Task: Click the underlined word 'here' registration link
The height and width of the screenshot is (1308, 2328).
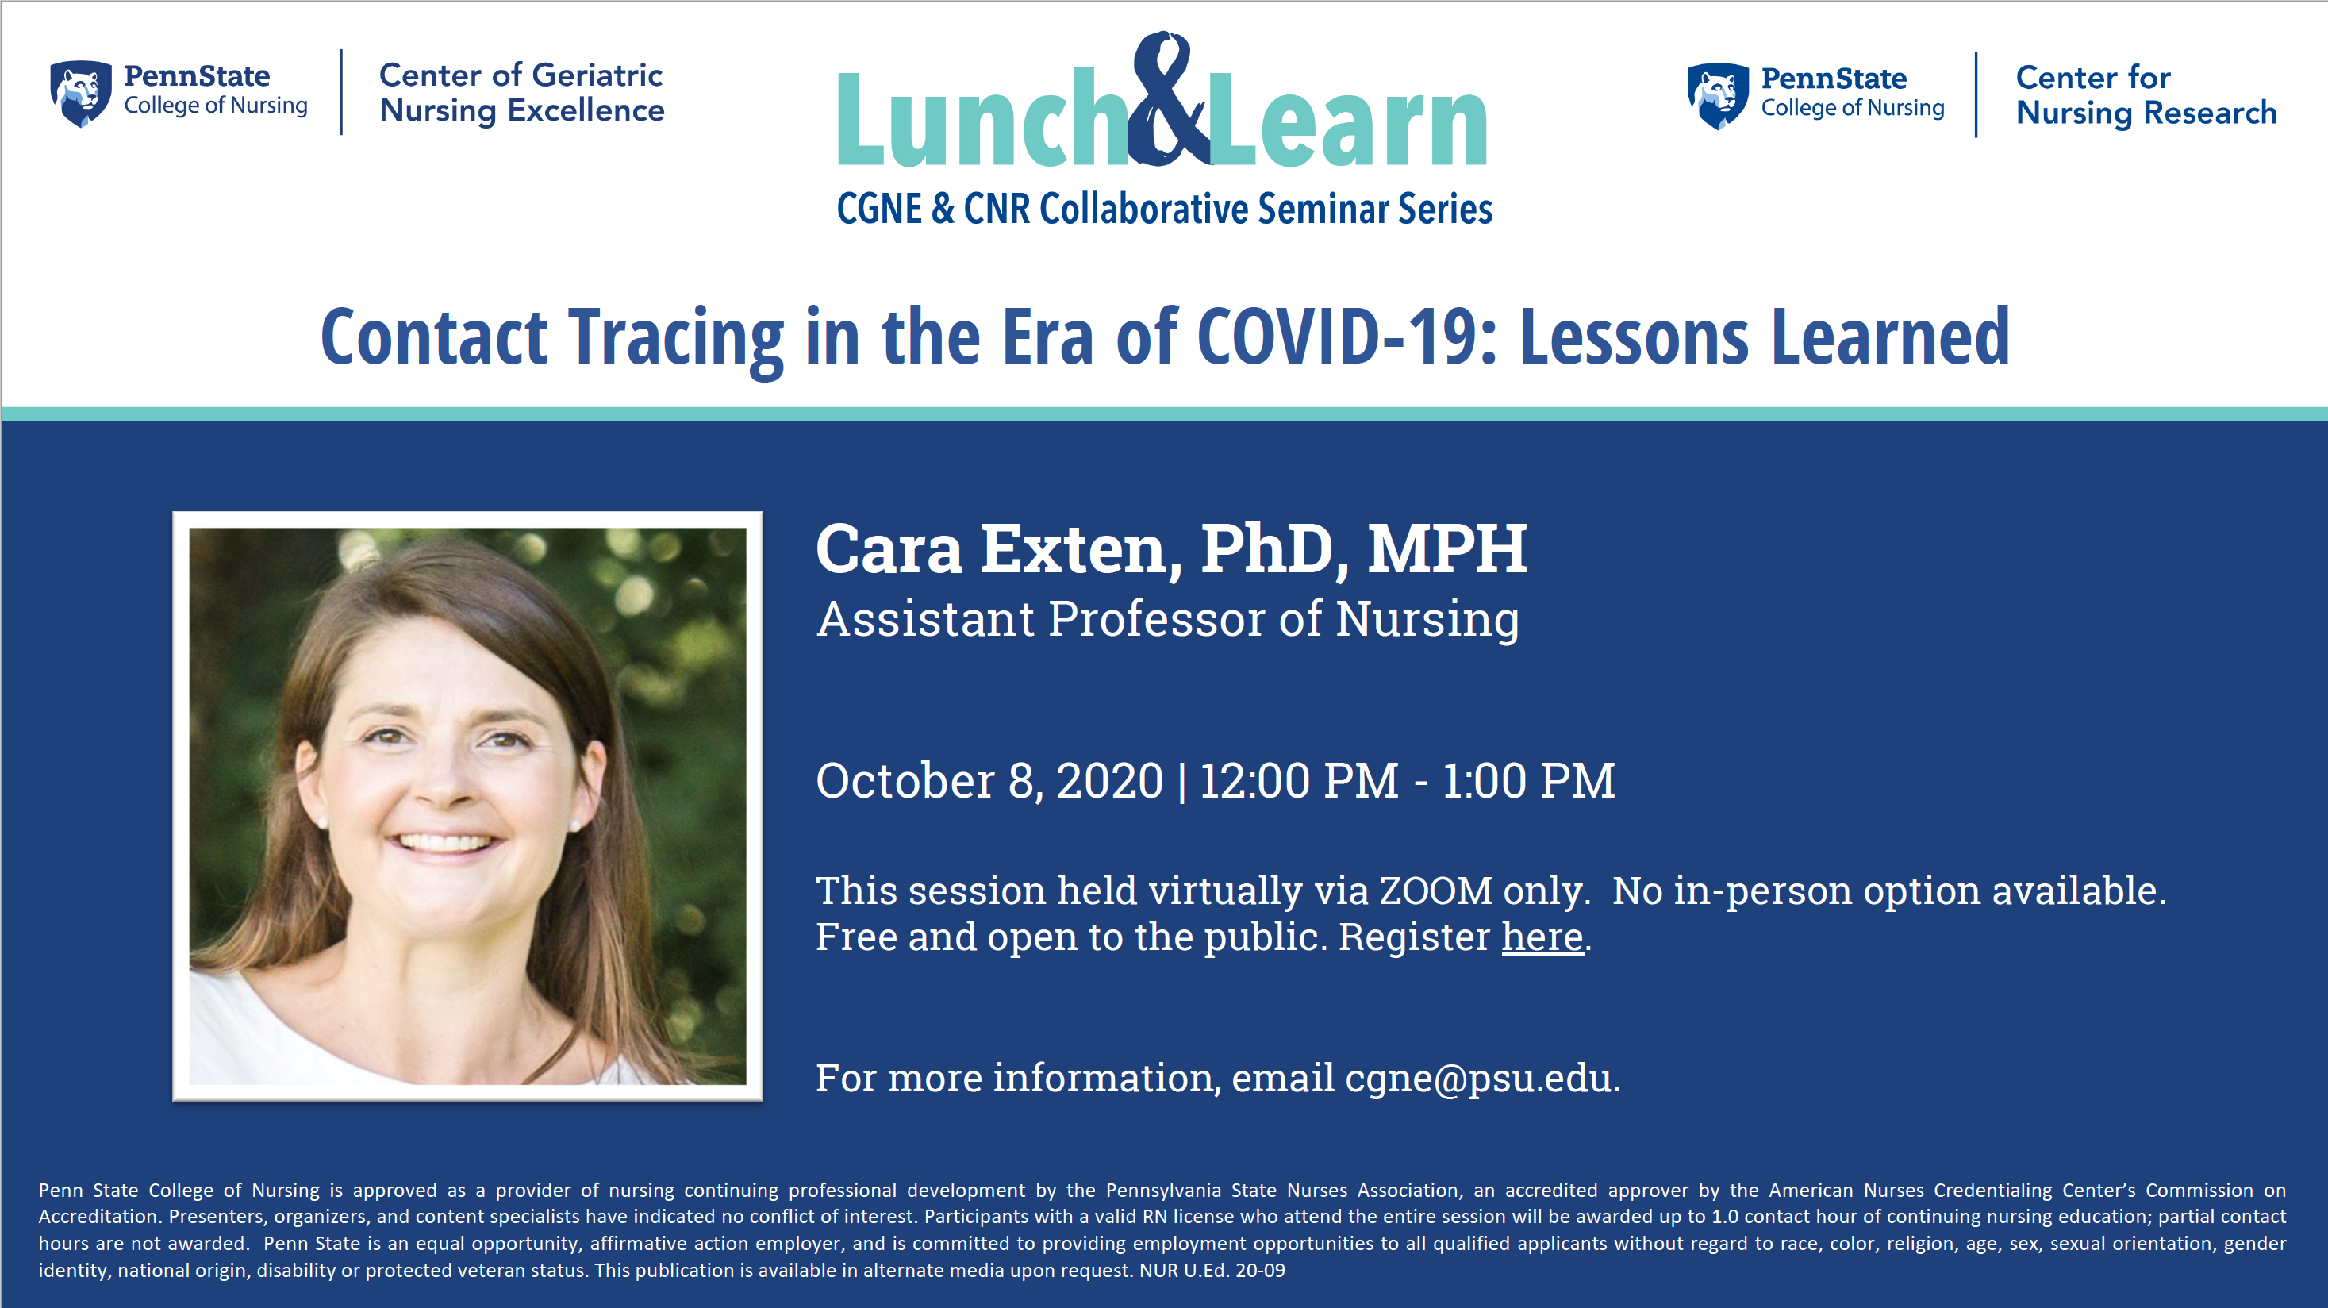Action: (1542, 937)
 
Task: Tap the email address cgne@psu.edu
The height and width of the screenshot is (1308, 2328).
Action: (1478, 1078)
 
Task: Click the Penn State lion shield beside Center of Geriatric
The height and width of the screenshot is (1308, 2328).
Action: (80, 93)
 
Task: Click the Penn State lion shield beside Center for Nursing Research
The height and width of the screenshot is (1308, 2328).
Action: (1717, 96)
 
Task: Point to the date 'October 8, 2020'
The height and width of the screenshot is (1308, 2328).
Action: (989, 780)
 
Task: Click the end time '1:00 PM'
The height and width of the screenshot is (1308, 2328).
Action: (1528, 780)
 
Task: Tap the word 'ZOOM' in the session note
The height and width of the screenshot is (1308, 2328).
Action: (1435, 891)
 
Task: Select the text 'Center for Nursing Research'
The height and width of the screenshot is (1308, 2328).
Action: (2146, 95)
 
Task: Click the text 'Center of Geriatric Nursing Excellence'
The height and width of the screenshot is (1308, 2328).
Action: (521, 92)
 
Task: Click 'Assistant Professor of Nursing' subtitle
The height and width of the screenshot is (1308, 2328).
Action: (1168, 619)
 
